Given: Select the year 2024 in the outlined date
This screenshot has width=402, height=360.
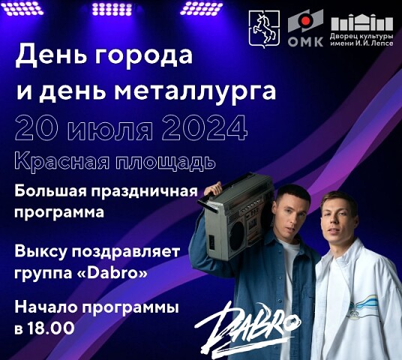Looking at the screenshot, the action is (x=205, y=128).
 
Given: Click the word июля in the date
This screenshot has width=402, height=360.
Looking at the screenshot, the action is (x=112, y=130).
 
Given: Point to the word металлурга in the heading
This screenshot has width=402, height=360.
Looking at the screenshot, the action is (x=195, y=91).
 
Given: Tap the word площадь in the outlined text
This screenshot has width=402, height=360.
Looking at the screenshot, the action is (x=165, y=163).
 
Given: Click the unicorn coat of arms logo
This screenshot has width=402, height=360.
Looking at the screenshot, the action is (x=264, y=30).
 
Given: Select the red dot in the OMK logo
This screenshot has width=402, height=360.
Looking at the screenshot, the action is (x=305, y=21).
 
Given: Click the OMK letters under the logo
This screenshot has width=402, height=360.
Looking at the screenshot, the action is (x=305, y=42).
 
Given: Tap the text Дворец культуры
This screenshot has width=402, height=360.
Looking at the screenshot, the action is (x=361, y=36).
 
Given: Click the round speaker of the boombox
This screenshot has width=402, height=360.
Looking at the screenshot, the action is (x=237, y=235).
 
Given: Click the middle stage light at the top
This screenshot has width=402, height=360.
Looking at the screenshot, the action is (x=112, y=10).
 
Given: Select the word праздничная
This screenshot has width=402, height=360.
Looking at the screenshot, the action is (x=142, y=192).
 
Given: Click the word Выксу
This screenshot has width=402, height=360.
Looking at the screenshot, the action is (x=40, y=251).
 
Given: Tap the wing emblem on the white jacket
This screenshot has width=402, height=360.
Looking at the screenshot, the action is (x=364, y=304).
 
